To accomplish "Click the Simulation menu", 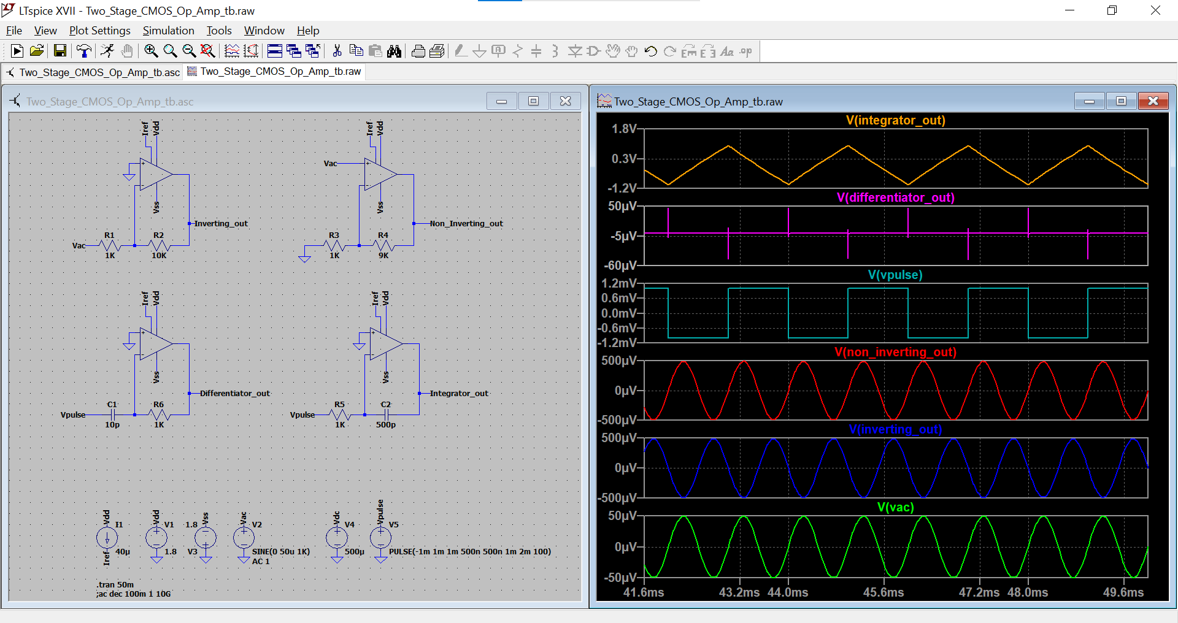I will (x=168, y=31).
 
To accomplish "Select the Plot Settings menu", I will (x=99, y=31).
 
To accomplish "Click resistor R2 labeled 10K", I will (x=158, y=246).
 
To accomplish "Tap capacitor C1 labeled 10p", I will (x=112, y=415).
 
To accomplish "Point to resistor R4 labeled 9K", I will (x=383, y=246).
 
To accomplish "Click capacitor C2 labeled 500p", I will (x=386, y=415).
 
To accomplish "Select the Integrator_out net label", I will (x=458, y=394).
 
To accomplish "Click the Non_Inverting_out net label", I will (x=466, y=224).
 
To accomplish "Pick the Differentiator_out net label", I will (x=234, y=394).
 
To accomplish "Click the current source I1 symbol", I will (x=107, y=538).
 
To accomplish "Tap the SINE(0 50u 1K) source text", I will (x=280, y=552).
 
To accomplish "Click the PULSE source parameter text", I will (x=469, y=552).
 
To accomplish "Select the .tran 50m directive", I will (x=115, y=584).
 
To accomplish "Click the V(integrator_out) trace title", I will (x=895, y=120).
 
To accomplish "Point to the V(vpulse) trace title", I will (x=895, y=275).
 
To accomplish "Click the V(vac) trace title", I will (x=895, y=507).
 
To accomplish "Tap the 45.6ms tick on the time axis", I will (x=883, y=592).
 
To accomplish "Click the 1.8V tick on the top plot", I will (x=624, y=129).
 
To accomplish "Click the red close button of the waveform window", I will (x=1153, y=101).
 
